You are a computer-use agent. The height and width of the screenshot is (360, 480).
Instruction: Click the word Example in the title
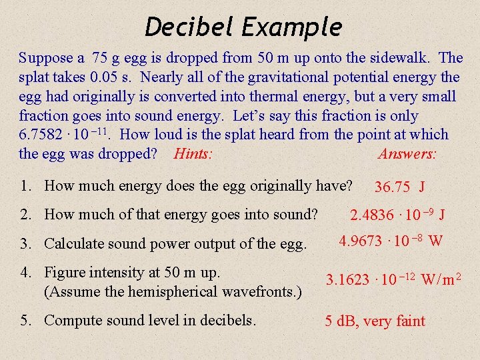click(x=291, y=27)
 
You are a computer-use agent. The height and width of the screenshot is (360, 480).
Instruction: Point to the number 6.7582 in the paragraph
click(x=45, y=135)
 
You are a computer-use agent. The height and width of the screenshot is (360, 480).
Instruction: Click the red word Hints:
click(x=193, y=154)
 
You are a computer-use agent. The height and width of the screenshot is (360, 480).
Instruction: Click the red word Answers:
click(x=407, y=154)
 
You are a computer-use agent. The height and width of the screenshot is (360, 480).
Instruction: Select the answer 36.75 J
click(x=401, y=187)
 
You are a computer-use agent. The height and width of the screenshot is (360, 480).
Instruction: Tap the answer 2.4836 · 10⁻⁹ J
click(x=398, y=215)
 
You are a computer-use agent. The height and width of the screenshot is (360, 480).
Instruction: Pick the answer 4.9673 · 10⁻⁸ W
click(x=391, y=241)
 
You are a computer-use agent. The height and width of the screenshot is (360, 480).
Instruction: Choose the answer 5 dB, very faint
click(x=375, y=321)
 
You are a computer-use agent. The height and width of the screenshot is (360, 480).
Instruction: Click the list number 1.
click(x=25, y=186)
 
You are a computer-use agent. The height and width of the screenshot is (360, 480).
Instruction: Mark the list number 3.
click(x=25, y=243)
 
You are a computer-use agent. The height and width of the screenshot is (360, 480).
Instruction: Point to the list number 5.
click(x=25, y=320)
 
